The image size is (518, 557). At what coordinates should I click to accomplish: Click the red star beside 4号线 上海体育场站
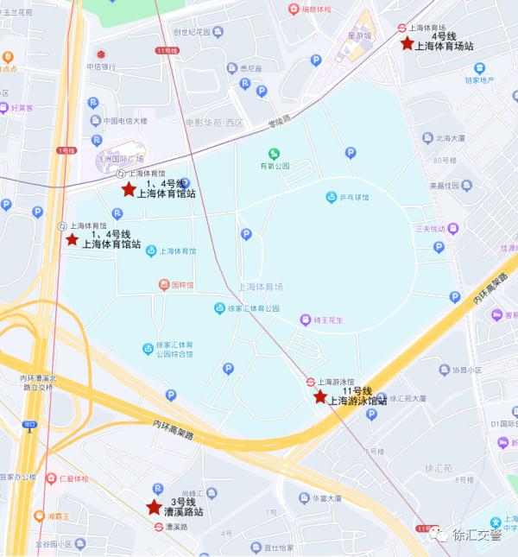(x=407, y=42)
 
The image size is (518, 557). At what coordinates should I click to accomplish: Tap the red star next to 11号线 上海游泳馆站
(x=320, y=396)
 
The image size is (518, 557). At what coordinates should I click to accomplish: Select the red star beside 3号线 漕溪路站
(x=154, y=507)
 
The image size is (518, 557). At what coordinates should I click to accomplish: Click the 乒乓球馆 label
(x=353, y=198)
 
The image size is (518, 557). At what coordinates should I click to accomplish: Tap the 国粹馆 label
(x=180, y=284)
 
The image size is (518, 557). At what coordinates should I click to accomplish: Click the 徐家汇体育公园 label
(x=253, y=308)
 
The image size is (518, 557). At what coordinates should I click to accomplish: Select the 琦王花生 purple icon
(x=306, y=320)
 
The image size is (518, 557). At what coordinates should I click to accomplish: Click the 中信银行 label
(x=102, y=66)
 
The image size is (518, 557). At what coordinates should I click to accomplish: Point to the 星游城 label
(x=358, y=36)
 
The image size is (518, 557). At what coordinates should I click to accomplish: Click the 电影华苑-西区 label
(x=214, y=123)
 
